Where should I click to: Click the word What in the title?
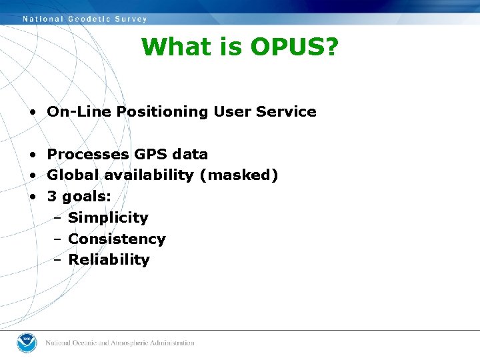click(173, 47)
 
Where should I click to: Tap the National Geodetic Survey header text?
click(85, 19)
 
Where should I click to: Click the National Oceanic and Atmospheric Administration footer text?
click(120, 343)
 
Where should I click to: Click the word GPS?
click(151, 154)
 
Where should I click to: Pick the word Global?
click(69, 175)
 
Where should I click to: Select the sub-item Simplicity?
click(108, 218)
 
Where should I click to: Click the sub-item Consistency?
click(117, 239)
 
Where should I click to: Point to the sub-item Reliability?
click(109, 260)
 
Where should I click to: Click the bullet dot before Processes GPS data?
click(33, 155)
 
